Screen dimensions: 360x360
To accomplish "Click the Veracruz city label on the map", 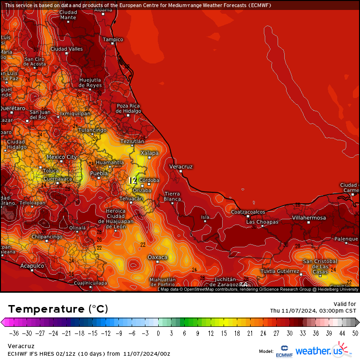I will pos(181,167).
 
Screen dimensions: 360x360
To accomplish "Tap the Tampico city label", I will pos(113,39).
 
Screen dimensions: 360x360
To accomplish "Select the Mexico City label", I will pos(62,157).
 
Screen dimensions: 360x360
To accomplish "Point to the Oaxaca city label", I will pos(158,257).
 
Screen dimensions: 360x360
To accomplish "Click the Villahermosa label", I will pos(309,218).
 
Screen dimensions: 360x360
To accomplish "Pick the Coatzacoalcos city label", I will pos(248,212).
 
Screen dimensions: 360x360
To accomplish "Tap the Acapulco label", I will pos(32,266).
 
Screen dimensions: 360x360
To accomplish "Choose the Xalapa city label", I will pos(149,153).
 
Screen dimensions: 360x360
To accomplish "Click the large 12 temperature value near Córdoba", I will pos(133,180).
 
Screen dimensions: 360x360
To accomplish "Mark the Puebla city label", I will pos(99,173).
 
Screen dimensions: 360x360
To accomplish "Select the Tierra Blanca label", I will pos(172,197).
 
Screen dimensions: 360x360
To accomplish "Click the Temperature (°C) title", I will pos(58,309).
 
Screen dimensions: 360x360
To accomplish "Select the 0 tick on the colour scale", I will pos(158,333).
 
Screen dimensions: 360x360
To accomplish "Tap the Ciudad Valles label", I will pos(67,49).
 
